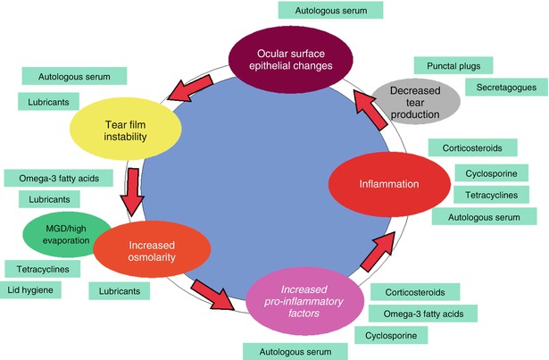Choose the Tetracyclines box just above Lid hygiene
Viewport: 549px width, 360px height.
(44, 269)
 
